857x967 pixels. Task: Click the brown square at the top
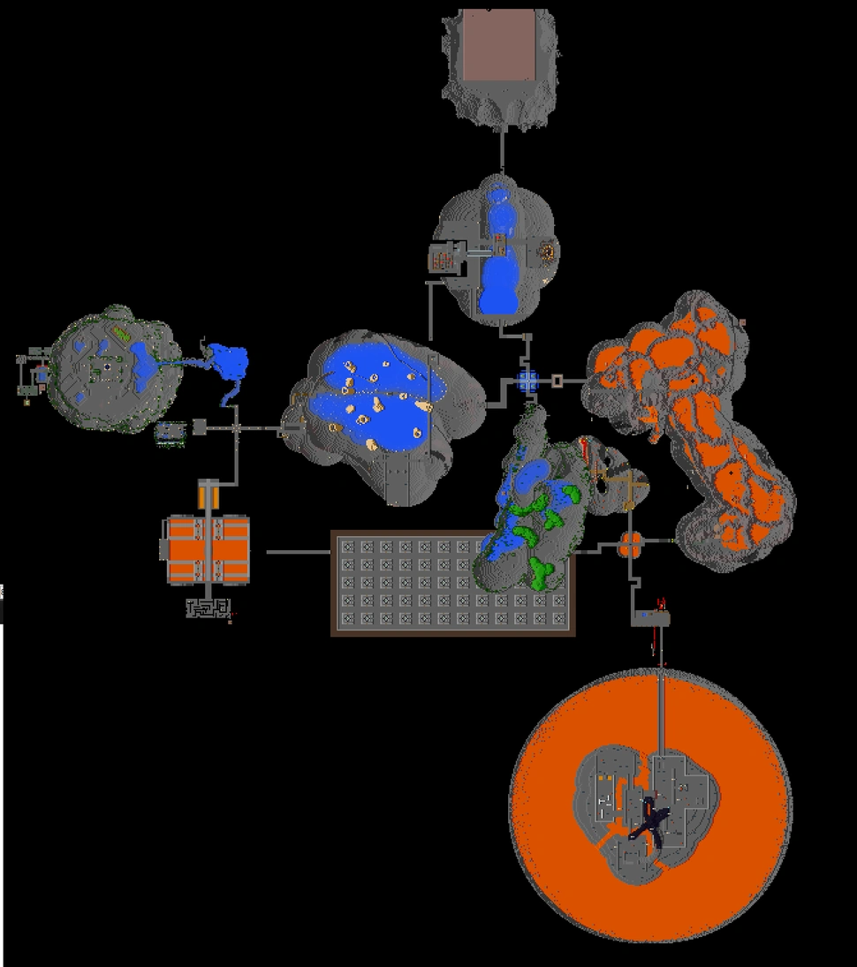500,46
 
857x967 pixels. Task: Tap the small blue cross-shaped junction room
527,381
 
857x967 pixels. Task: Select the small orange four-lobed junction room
628,545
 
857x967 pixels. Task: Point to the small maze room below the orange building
208,608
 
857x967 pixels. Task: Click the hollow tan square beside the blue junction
557,381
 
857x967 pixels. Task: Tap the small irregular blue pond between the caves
229,366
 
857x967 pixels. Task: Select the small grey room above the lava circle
651,619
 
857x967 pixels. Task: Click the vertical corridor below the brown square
502,150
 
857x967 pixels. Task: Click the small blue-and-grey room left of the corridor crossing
171,432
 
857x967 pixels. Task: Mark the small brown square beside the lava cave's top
742,323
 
